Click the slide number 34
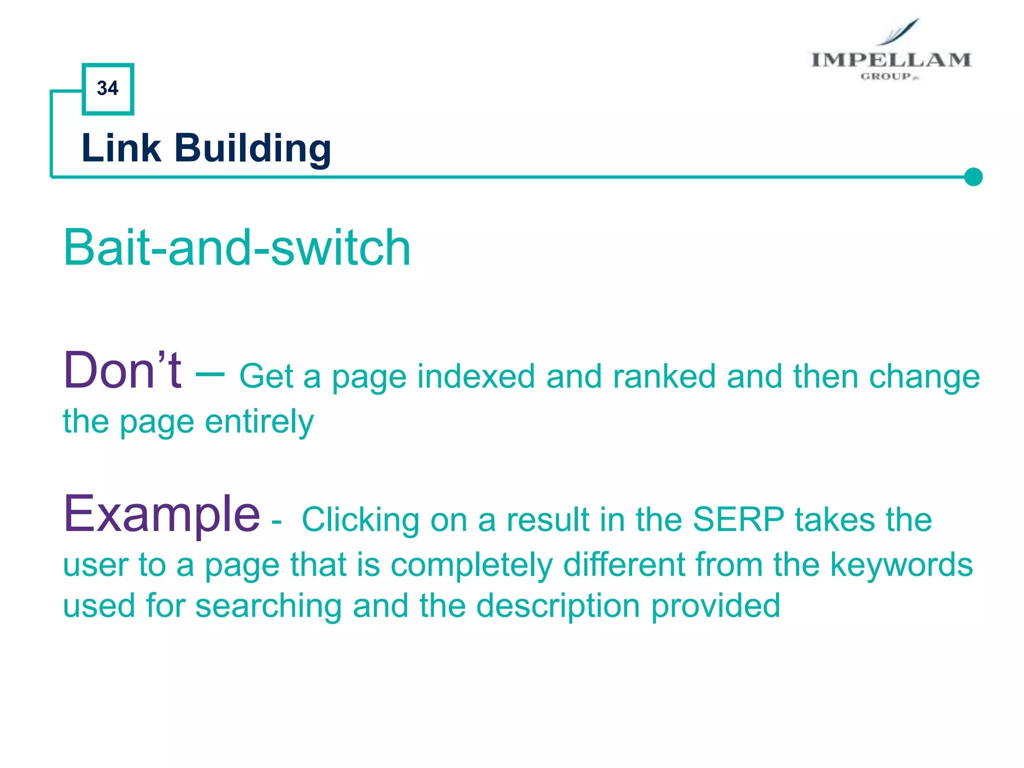107,88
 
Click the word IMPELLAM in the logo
890,60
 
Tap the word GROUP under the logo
886,76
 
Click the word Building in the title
252,148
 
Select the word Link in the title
121,148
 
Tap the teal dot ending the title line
973,177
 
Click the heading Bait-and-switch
237,247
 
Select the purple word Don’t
122,370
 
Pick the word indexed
476,376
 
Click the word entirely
259,421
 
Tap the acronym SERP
738,519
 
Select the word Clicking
360,520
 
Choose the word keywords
901,564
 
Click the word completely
471,565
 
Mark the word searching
268,605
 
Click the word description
558,606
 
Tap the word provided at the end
715,605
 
